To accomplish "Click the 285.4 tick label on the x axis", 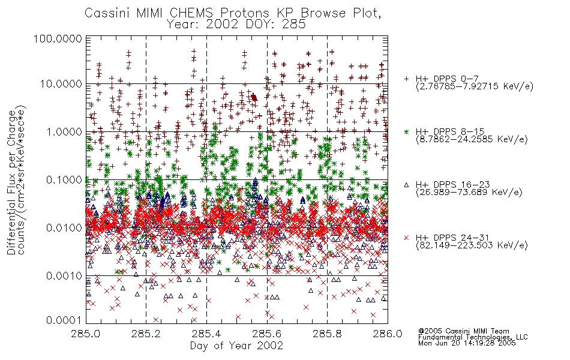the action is [206, 334].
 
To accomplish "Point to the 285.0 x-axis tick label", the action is [86, 334].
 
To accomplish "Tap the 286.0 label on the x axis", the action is [388, 334].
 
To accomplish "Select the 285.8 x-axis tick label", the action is [327, 334].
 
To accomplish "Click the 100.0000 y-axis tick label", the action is [58, 38].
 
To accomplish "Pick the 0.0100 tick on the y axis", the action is [64, 228].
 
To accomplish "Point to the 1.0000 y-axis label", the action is [64, 131].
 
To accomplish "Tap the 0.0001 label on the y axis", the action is [64, 320].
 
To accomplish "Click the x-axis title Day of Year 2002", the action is [236, 346].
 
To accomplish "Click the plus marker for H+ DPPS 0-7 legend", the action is [406, 79].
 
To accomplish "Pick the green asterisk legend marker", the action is [406, 131].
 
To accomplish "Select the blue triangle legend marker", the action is [406, 185].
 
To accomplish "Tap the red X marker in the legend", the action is [406, 238].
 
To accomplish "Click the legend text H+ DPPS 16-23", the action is [452, 185].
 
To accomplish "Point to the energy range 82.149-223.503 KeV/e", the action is [472, 245].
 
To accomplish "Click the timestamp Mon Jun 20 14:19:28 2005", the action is [467, 343].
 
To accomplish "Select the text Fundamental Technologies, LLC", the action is [473, 337].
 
